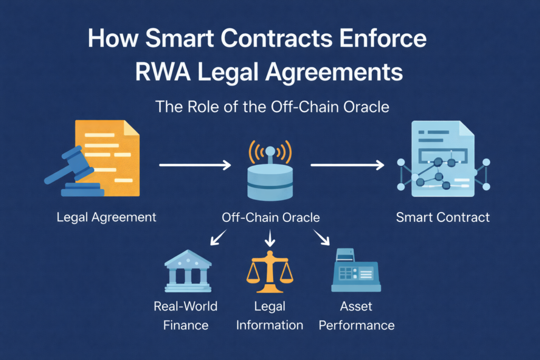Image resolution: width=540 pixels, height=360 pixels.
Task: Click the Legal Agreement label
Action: tap(107, 217)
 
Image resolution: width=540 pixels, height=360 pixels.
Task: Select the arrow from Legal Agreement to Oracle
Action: tap(195, 166)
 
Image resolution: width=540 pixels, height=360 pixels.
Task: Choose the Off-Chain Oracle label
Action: tap(271, 217)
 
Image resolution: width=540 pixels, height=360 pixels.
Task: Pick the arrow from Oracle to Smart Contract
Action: tap(347, 166)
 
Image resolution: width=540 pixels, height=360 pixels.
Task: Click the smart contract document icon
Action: tap(442, 159)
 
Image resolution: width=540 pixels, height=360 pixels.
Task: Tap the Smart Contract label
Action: tap(443, 217)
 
